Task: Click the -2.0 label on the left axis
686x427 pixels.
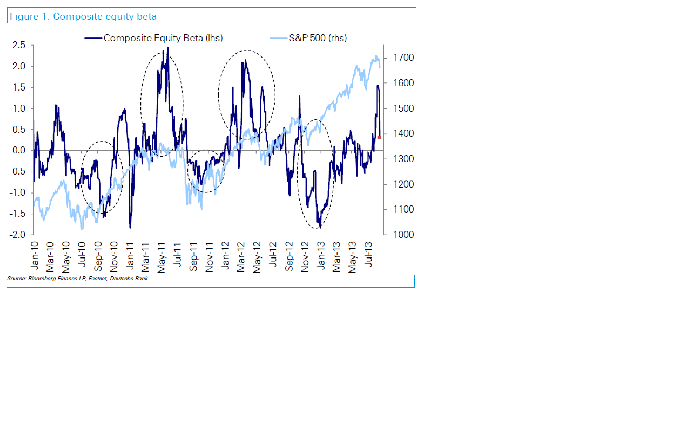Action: (17, 235)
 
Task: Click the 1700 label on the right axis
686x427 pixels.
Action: (404, 58)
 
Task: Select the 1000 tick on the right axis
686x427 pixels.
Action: (404, 235)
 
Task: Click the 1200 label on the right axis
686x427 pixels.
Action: (404, 184)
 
